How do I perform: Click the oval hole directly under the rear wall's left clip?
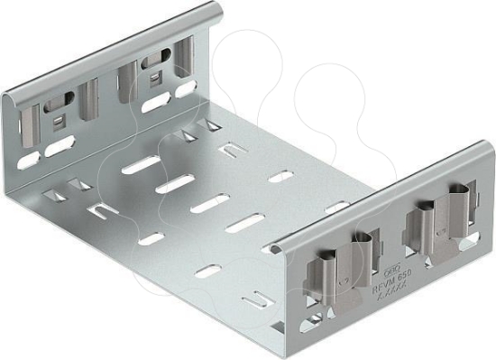tap(60, 143)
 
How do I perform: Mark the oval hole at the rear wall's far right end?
tap(188, 87)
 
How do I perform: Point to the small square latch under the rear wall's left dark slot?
tap(58, 118)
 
